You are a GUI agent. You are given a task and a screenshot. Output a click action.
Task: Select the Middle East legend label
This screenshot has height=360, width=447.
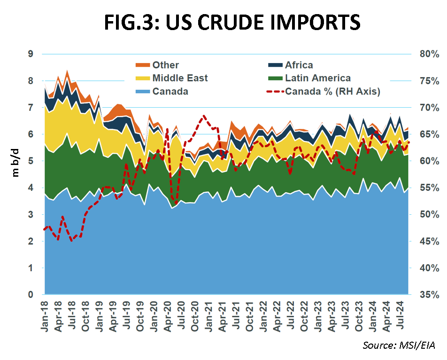(180, 78)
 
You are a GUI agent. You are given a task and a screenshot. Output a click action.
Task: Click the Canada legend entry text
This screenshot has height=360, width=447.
(170, 91)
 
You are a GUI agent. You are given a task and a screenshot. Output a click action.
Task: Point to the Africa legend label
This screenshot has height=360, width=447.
(299, 65)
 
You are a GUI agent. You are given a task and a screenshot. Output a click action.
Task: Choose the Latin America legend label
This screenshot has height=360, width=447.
(318, 78)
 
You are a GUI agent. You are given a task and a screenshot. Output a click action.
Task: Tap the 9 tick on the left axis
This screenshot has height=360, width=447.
(31, 54)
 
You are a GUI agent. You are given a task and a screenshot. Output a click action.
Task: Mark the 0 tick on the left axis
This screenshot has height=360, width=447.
(31, 295)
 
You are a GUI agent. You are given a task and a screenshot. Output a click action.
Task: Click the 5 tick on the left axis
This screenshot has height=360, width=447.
(31, 161)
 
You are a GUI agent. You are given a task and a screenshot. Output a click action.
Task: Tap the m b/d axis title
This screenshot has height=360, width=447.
(16, 161)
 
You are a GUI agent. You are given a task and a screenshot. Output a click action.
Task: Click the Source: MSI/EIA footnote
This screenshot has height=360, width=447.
(399, 346)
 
